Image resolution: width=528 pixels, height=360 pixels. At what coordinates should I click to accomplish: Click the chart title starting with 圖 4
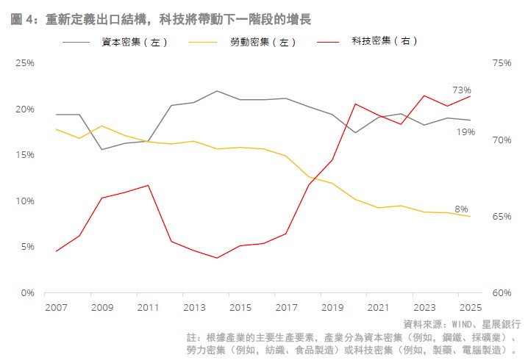coord(160,20)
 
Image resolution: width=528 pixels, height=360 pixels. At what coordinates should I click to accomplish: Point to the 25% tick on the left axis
coord(25,63)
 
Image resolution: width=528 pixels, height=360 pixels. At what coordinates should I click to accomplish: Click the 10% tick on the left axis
coord(25,201)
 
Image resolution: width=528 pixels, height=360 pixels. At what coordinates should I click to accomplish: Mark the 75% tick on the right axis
coord(502,63)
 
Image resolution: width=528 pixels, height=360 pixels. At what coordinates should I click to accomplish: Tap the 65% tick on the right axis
coord(502,217)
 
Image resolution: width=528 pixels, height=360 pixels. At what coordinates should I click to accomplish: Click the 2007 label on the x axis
coord(56,306)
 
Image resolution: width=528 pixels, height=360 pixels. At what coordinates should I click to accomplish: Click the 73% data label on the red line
coord(462,90)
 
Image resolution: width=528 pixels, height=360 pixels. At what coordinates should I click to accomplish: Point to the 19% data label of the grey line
coord(465,132)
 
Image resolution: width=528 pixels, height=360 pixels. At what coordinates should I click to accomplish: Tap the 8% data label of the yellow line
coord(461,209)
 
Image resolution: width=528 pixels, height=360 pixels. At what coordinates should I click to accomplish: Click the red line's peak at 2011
coord(149,185)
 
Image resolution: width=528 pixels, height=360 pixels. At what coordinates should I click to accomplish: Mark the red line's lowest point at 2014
coord(217,258)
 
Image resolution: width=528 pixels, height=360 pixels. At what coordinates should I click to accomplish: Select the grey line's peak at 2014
coord(217,91)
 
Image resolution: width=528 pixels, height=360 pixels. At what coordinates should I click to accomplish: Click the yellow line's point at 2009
coord(102,126)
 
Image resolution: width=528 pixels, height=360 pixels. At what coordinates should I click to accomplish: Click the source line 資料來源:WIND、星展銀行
coord(462,323)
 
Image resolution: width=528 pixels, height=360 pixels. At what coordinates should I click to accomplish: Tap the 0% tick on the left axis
coord(28,292)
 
